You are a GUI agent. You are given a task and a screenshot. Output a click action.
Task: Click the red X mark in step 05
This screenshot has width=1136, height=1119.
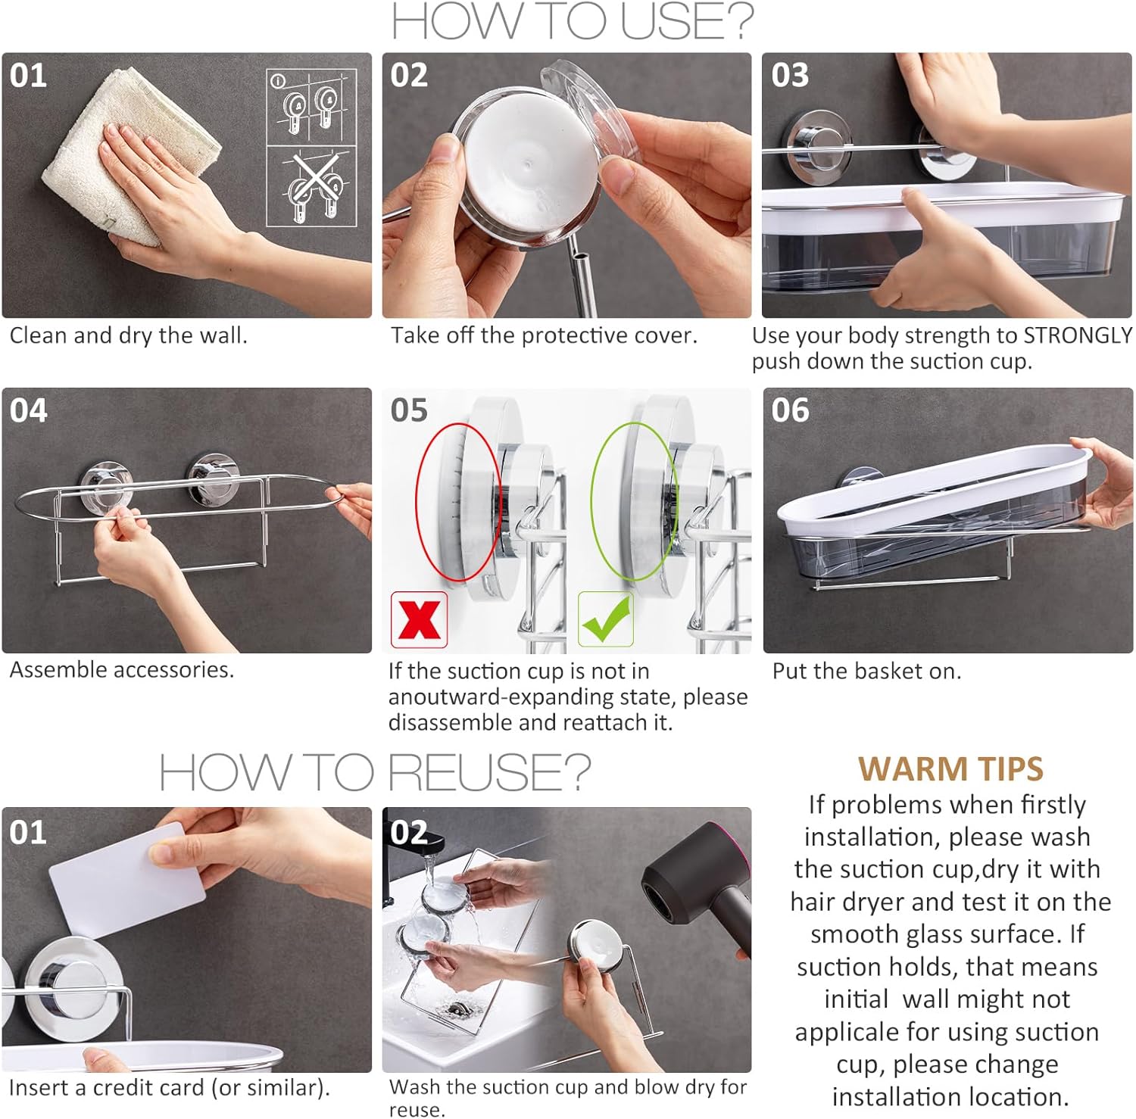(x=419, y=619)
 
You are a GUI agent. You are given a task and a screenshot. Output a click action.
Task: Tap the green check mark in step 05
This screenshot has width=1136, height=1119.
(x=605, y=619)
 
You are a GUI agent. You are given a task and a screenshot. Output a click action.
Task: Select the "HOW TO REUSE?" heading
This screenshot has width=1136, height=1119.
(x=375, y=772)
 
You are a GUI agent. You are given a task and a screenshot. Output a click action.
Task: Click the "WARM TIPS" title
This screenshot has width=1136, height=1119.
(x=950, y=769)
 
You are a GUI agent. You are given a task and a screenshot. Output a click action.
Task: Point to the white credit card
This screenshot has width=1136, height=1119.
(x=127, y=880)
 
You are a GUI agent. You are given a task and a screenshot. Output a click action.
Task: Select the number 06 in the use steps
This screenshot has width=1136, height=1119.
(x=790, y=410)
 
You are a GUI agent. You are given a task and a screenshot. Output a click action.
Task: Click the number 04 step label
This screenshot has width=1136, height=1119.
(x=29, y=410)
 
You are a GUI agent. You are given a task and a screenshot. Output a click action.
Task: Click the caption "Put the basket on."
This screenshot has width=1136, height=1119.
(x=866, y=671)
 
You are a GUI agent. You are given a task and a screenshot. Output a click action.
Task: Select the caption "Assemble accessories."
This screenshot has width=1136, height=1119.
(x=122, y=669)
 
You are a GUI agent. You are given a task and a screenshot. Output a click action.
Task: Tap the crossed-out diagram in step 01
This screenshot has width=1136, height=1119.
(x=311, y=186)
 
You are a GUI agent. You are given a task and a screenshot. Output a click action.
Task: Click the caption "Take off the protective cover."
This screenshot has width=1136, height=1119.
(x=544, y=335)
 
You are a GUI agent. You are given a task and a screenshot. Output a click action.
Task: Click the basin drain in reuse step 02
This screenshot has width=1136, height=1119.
(x=457, y=1008)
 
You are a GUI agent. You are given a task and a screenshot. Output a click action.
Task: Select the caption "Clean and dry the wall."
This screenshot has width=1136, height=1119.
(x=129, y=335)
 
